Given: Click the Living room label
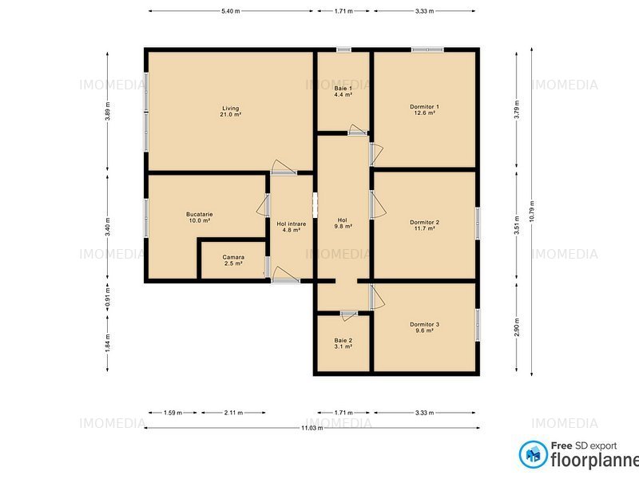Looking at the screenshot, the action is point(231,111).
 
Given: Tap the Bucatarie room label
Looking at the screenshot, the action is point(199,217).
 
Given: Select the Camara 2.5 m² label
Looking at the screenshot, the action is point(233,260).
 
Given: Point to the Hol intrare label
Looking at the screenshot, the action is point(292,227).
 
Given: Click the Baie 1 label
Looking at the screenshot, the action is point(343,91).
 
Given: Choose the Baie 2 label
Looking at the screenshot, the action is point(343,343).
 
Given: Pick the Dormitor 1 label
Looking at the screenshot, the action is point(424,110).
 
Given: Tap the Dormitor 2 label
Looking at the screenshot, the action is point(424,225).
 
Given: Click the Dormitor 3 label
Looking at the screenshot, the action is point(424,327).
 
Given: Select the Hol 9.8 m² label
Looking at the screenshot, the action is point(343,224).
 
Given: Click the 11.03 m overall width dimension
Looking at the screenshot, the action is point(312,428).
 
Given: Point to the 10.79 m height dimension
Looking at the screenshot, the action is point(531,212).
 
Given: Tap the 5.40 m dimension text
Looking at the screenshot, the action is point(231,11).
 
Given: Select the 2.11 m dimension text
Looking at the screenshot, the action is point(233,413).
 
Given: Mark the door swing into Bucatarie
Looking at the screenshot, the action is point(264,205).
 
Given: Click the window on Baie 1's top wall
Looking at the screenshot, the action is point(343,49).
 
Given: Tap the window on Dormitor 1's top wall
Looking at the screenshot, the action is point(427,49).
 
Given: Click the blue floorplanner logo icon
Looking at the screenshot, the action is point(534,454).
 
